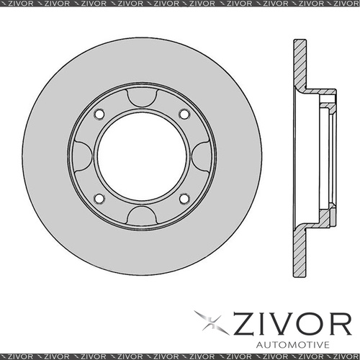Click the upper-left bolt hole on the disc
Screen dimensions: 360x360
tap(99, 114)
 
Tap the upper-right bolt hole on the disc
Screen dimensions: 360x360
tap(184, 114)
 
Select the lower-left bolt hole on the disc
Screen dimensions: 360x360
tap(99, 198)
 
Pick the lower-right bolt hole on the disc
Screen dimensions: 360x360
tap(184, 198)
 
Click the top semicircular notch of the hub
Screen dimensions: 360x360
tap(141, 96)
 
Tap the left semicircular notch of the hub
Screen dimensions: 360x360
tap(82, 156)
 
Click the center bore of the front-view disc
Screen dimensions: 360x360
tap(141, 156)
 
